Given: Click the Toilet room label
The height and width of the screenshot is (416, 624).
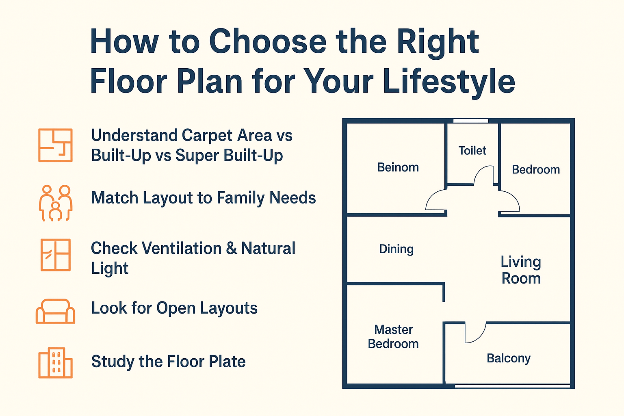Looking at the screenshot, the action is click(472, 151).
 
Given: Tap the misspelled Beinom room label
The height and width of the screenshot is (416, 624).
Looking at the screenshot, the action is click(398, 167).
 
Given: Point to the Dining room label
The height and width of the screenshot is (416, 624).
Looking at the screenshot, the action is click(396, 249).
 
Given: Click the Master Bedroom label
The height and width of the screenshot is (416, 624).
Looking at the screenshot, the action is click(393, 337).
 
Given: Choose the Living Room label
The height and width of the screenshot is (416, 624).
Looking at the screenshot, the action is click(521, 270).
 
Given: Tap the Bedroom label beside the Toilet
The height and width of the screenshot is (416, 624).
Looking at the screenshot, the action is click(536, 170).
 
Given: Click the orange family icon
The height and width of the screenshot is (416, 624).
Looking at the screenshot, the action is click(55, 203).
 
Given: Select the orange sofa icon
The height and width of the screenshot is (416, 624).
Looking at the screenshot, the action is click(55, 311).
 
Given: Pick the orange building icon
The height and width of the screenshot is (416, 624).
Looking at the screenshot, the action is click(55, 362).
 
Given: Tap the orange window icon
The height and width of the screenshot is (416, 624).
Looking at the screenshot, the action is click(55, 255).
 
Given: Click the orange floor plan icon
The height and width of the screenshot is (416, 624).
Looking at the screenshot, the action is click(55, 145).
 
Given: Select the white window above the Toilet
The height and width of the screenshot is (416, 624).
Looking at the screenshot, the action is click(471, 121).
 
